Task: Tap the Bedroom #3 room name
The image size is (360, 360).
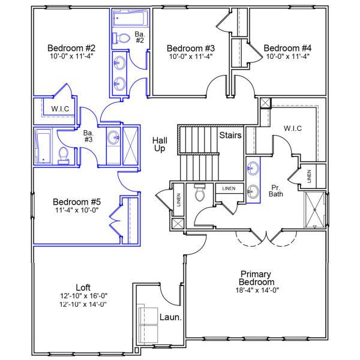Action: click(x=190, y=48)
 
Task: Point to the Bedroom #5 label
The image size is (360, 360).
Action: click(x=76, y=202)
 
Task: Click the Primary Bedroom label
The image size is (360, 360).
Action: click(x=256, y=278)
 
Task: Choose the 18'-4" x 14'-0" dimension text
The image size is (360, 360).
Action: click(x=256, y=290)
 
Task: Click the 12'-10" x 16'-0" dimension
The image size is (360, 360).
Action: click(x=83, y=296)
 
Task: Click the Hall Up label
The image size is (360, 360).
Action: click(x=160, y=144)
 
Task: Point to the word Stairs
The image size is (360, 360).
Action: click(x=230, y=136)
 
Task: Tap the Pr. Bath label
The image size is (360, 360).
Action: click(x=275, y=190)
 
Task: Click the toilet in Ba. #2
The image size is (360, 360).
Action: click(x=123, y=38)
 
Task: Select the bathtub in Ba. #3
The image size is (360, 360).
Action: click(x=44, y=145)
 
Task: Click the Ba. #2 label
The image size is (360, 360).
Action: click(x=139, y=37)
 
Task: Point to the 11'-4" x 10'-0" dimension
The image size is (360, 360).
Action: click(x=76, y=211)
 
